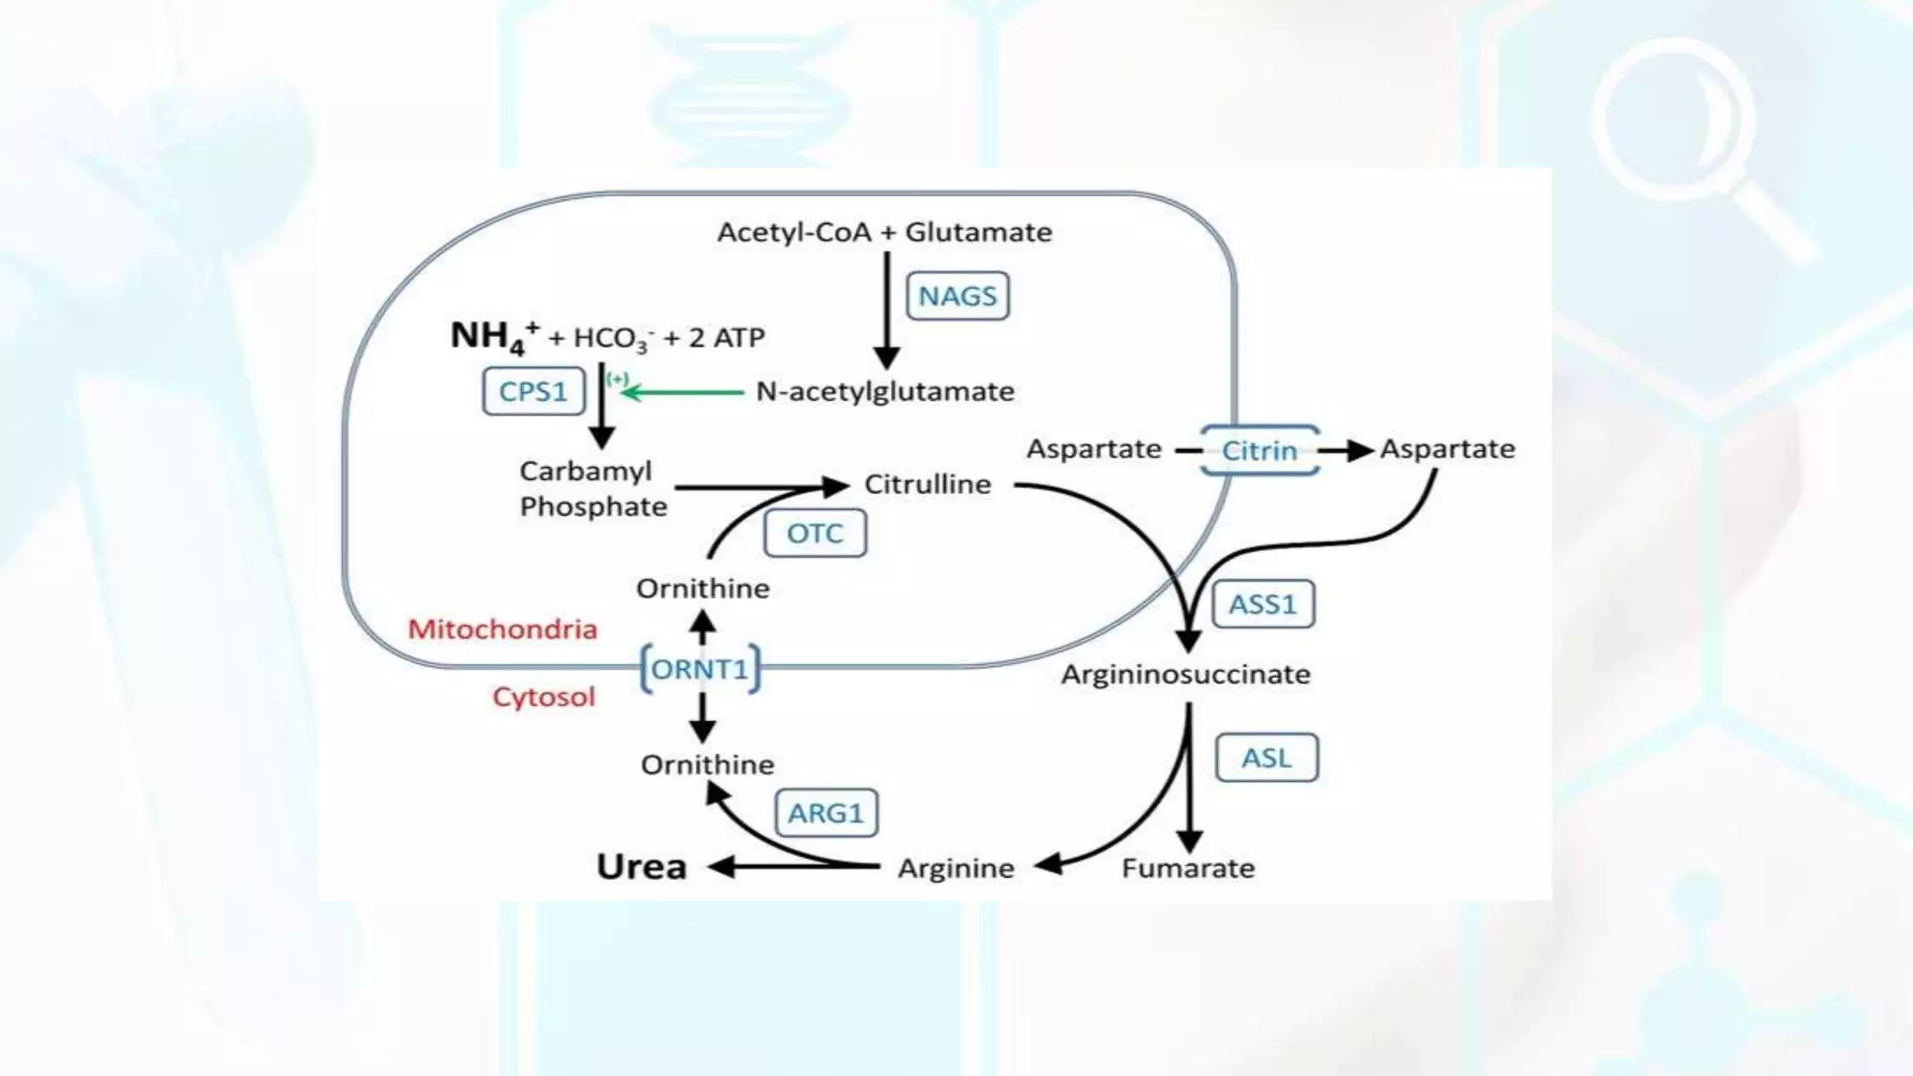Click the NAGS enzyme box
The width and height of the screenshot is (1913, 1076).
[x=957, y=296]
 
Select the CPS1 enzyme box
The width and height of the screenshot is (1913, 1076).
[x=533, y=390]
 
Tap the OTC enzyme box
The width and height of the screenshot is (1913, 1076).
[x=815, y=533]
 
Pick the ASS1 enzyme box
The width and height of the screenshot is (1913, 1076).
[x=1263, y=604]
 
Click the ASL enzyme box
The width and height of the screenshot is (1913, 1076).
[x=1267, y=757]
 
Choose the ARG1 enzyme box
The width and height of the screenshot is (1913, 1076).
[x=826, y=814]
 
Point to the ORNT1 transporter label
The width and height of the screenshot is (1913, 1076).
[x=701, y=669]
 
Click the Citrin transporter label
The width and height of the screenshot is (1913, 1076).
[x=1259, y=450]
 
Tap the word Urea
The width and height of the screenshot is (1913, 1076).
[x=642, y=867]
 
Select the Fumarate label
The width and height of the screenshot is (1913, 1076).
[x=1188, y=868]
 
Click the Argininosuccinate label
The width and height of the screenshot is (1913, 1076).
[x=1185, y=673]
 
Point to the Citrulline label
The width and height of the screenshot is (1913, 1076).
[x=928, y=484]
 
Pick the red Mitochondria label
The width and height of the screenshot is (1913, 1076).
[x=503, y=629]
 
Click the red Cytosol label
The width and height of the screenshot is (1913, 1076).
[x=544, y=697]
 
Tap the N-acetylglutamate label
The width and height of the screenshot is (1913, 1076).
[x=885, y=391]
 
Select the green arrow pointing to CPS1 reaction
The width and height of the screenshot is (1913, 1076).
[x=682, y=392]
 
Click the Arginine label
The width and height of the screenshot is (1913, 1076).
[x=956, y=868]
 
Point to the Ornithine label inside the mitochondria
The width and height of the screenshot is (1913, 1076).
[x=702, y=588]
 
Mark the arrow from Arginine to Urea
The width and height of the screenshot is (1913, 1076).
[x=794, y=867]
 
